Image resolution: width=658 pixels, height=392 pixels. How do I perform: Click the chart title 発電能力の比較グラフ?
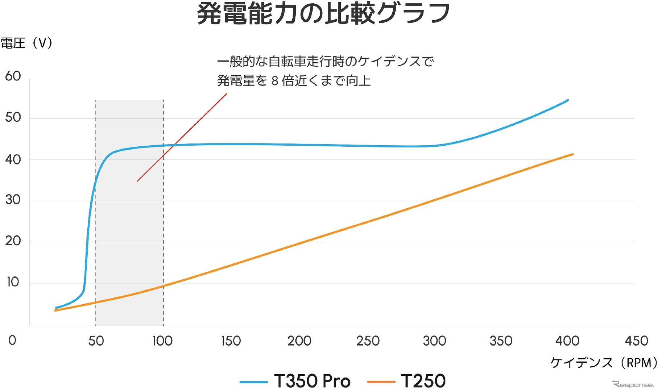pos(323,14)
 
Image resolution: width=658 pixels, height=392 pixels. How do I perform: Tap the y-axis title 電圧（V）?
pos(26,43)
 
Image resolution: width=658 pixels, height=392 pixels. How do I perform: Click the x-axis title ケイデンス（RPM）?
pos(603,362)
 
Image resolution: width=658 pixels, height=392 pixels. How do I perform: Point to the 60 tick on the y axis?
pos(13,76)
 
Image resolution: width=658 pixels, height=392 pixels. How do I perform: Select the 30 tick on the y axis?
pos(13,200)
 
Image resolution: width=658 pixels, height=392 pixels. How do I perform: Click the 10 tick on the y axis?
pos(13,282)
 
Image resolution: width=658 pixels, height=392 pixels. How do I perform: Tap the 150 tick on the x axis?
pos(231,341)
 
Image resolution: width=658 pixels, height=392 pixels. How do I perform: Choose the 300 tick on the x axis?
pos(434,341)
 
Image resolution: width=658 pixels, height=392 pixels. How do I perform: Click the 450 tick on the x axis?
pos(636,341)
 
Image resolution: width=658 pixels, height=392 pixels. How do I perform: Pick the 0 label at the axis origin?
pos(12,341)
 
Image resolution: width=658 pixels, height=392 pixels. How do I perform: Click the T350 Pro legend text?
pos(312,381)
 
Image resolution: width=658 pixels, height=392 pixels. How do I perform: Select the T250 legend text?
pos(423,381)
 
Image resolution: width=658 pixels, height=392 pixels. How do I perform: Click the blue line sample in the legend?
pos(253,382)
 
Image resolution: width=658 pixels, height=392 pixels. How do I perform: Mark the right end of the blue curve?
pos(567,100)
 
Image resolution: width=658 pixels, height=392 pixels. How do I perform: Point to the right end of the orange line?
pos(572,154)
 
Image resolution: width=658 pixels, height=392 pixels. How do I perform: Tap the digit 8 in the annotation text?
pos(275,81)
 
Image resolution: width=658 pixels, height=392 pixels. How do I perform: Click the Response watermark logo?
pos(633,384)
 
